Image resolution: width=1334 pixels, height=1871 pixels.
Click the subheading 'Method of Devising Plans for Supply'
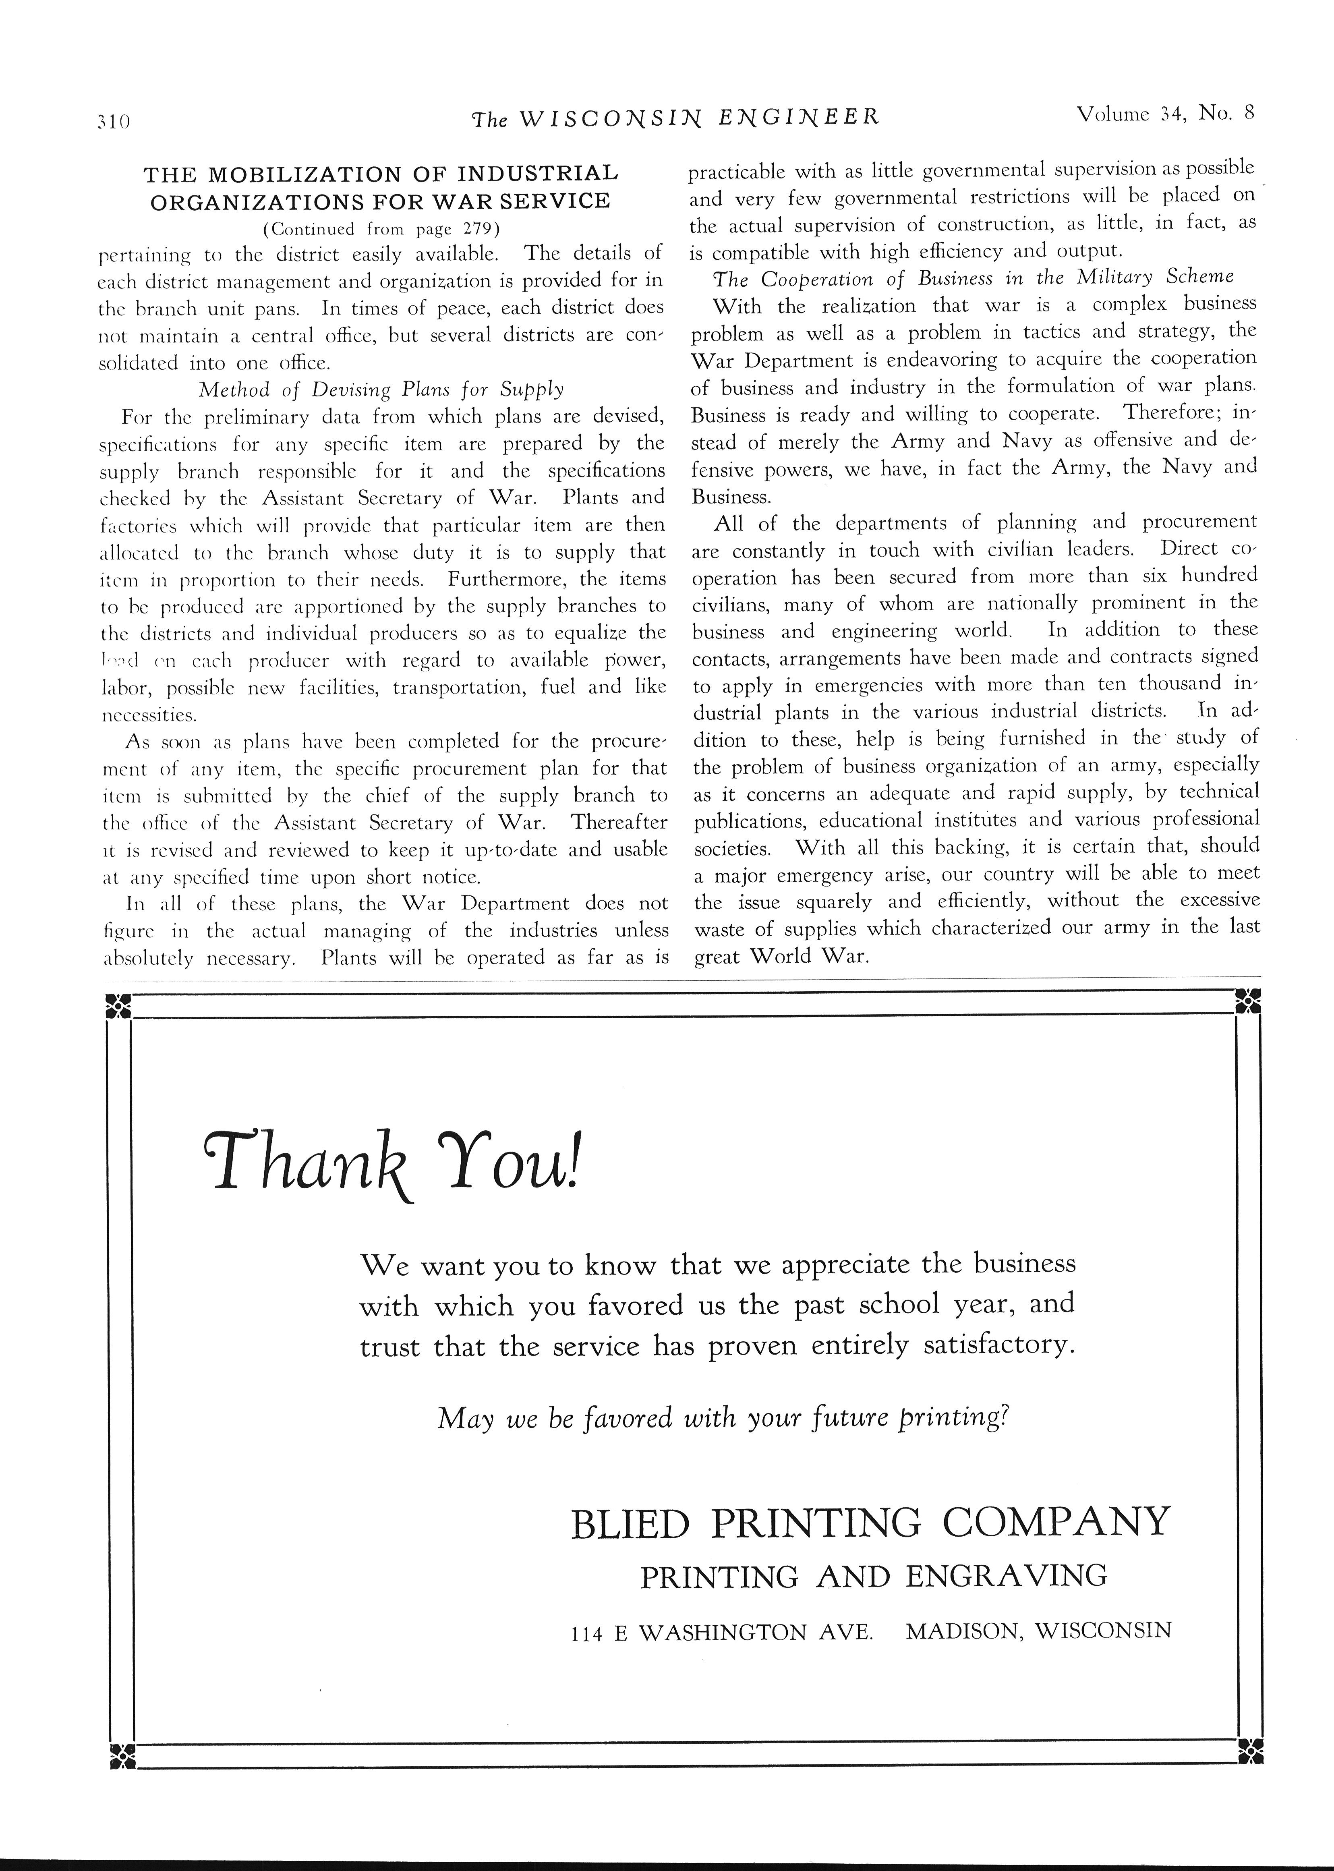click(x=381, y=388)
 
